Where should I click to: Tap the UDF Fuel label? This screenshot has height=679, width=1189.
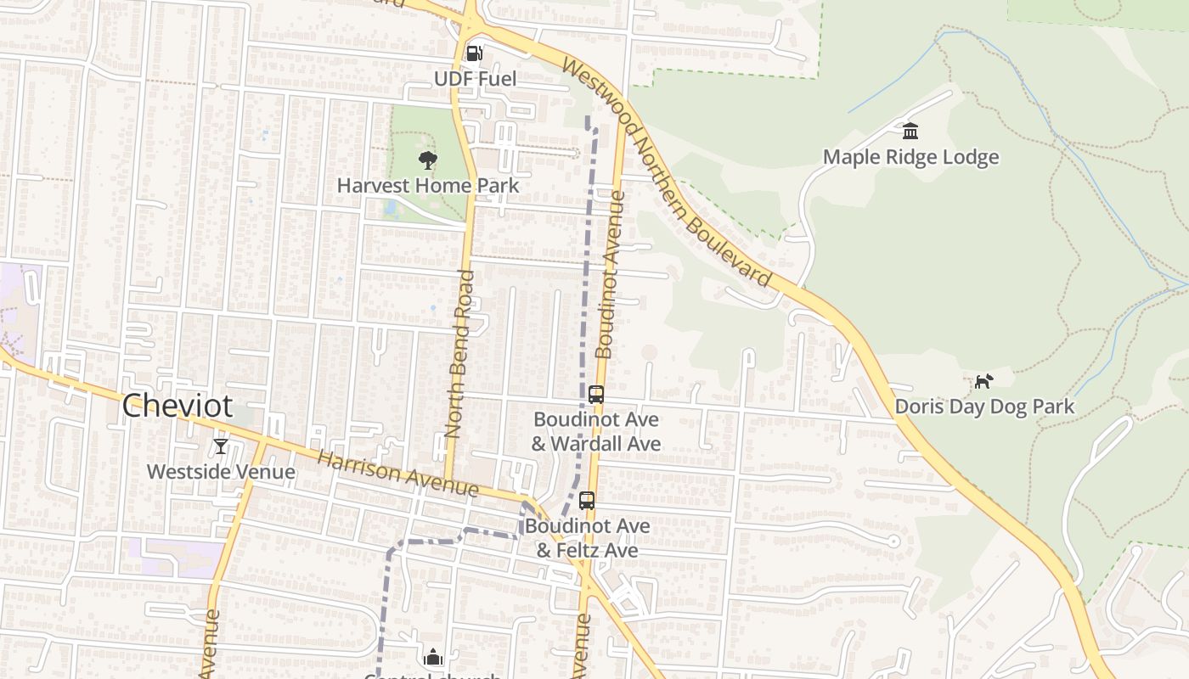(x=475, y=79)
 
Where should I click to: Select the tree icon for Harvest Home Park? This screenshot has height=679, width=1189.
(x=428, y=160)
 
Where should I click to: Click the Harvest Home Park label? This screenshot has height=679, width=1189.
(x=428, y=185)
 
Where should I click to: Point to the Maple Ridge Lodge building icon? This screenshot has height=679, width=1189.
(x=910, y=131)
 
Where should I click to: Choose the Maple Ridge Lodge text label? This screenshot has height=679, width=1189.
(x=910, y=157)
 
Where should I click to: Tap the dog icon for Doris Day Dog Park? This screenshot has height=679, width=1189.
(x=983, y=381)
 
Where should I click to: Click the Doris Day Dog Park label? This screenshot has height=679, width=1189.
(x=984, y=407)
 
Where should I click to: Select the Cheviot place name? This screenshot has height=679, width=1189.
(x=177, y=406)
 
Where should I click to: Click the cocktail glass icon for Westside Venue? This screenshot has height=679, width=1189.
(x=221, y=446)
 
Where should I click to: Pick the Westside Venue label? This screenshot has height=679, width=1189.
(x=221, y=472)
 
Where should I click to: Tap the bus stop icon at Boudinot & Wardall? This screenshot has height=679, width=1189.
(x=596, y=394)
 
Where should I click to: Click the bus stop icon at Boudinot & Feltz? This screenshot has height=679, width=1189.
(x=587, y=500)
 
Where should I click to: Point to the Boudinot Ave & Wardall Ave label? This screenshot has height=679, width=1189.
(x=596, y=431)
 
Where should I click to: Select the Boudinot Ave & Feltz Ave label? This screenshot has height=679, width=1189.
(x=587, y=538)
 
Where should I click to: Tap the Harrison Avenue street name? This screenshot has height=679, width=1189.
(x=397, y=474)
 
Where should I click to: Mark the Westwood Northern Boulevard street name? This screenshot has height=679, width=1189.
(x=667, y=174)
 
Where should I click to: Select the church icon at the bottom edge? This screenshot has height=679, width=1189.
(x=433, y=657)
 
